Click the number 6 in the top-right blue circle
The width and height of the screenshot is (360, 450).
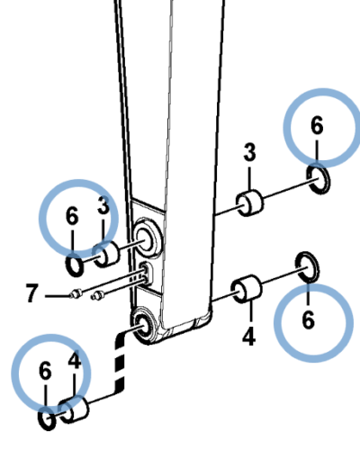click(x=317, y=125)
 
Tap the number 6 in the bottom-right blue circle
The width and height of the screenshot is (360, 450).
click(x=309, y=320)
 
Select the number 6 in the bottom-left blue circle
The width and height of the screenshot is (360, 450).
click(x=45, y=371)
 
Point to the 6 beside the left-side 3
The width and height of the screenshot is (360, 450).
click(x=72, y=216)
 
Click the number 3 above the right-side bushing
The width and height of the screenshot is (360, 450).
click(x=249, y=152)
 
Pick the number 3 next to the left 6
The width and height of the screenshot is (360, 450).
click(x=103, y=206)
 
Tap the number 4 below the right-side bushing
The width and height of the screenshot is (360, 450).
click(x=248, y=337)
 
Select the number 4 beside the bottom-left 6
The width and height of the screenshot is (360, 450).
click(x=75, y=360)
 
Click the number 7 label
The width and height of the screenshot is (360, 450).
click(x=32, y=293)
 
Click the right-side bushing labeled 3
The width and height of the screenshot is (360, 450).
click(x=250, y=203)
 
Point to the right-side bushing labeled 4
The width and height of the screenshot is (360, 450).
click(x=247, y=289)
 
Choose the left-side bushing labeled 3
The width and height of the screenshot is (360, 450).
click(x=106, y=254)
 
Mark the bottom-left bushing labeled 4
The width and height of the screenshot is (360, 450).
click(x=74, y=409)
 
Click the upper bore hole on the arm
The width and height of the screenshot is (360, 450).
click(x=148, y=238)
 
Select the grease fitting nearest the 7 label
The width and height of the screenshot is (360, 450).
click(x=76, y=293)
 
